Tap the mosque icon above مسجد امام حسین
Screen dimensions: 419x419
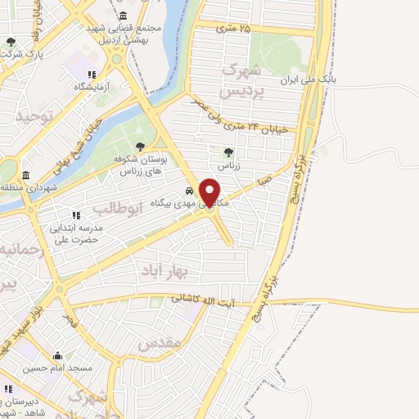(x=57, y=356)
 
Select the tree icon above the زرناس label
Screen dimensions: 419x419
(x=228, y=152)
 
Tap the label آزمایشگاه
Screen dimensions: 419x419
(x=92, y=86)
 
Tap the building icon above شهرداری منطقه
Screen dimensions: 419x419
(x=26, y=176)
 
